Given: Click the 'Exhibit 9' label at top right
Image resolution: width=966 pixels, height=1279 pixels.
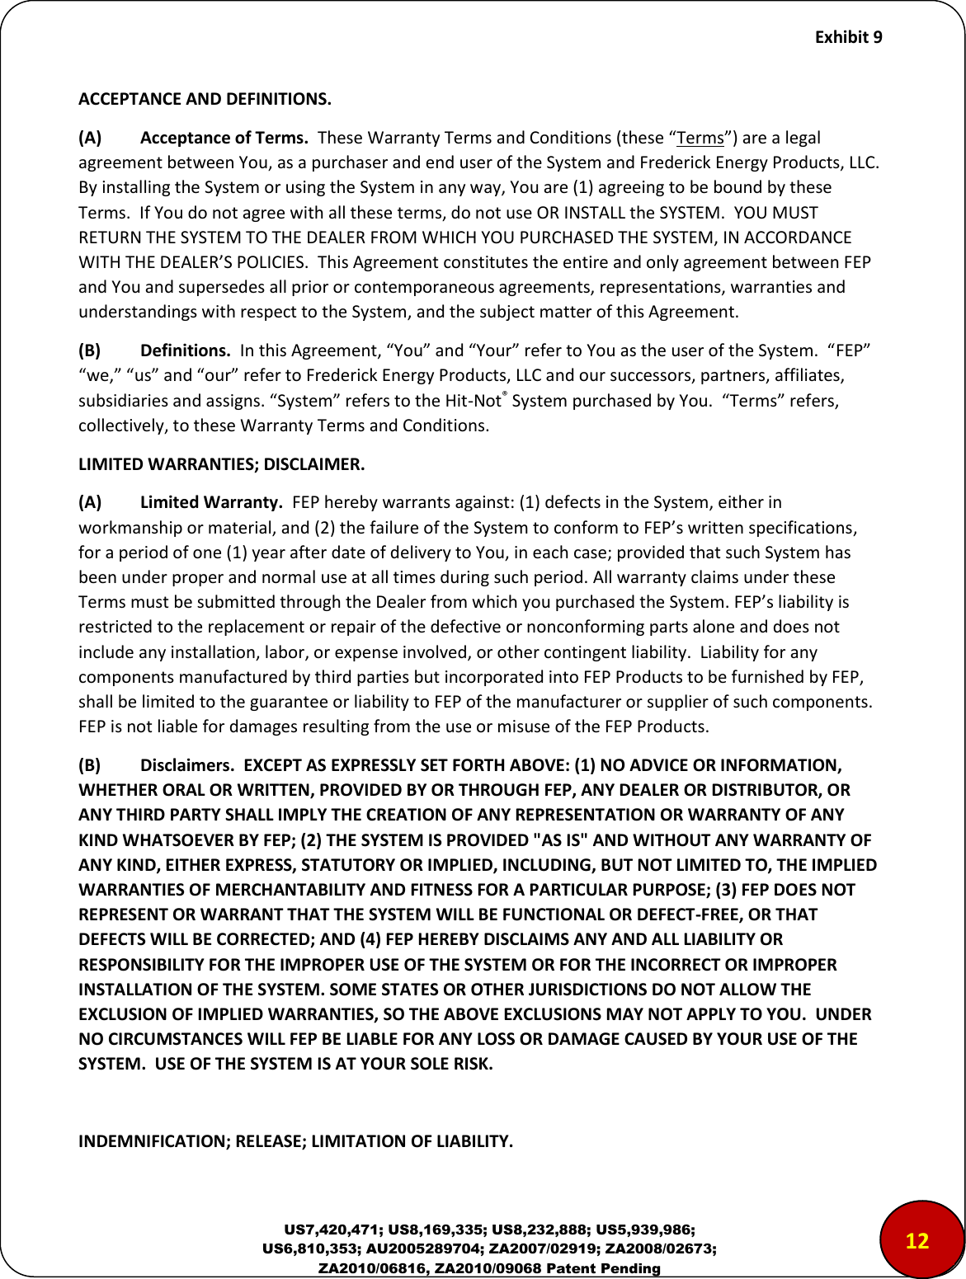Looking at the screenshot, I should point(848,37).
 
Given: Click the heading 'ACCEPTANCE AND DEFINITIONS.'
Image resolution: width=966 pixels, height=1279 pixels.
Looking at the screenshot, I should point(205,101).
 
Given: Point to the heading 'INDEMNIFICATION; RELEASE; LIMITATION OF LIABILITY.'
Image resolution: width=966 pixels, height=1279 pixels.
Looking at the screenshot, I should point(295,1141).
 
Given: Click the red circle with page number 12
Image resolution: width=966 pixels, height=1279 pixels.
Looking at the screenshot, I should point(917,1241).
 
